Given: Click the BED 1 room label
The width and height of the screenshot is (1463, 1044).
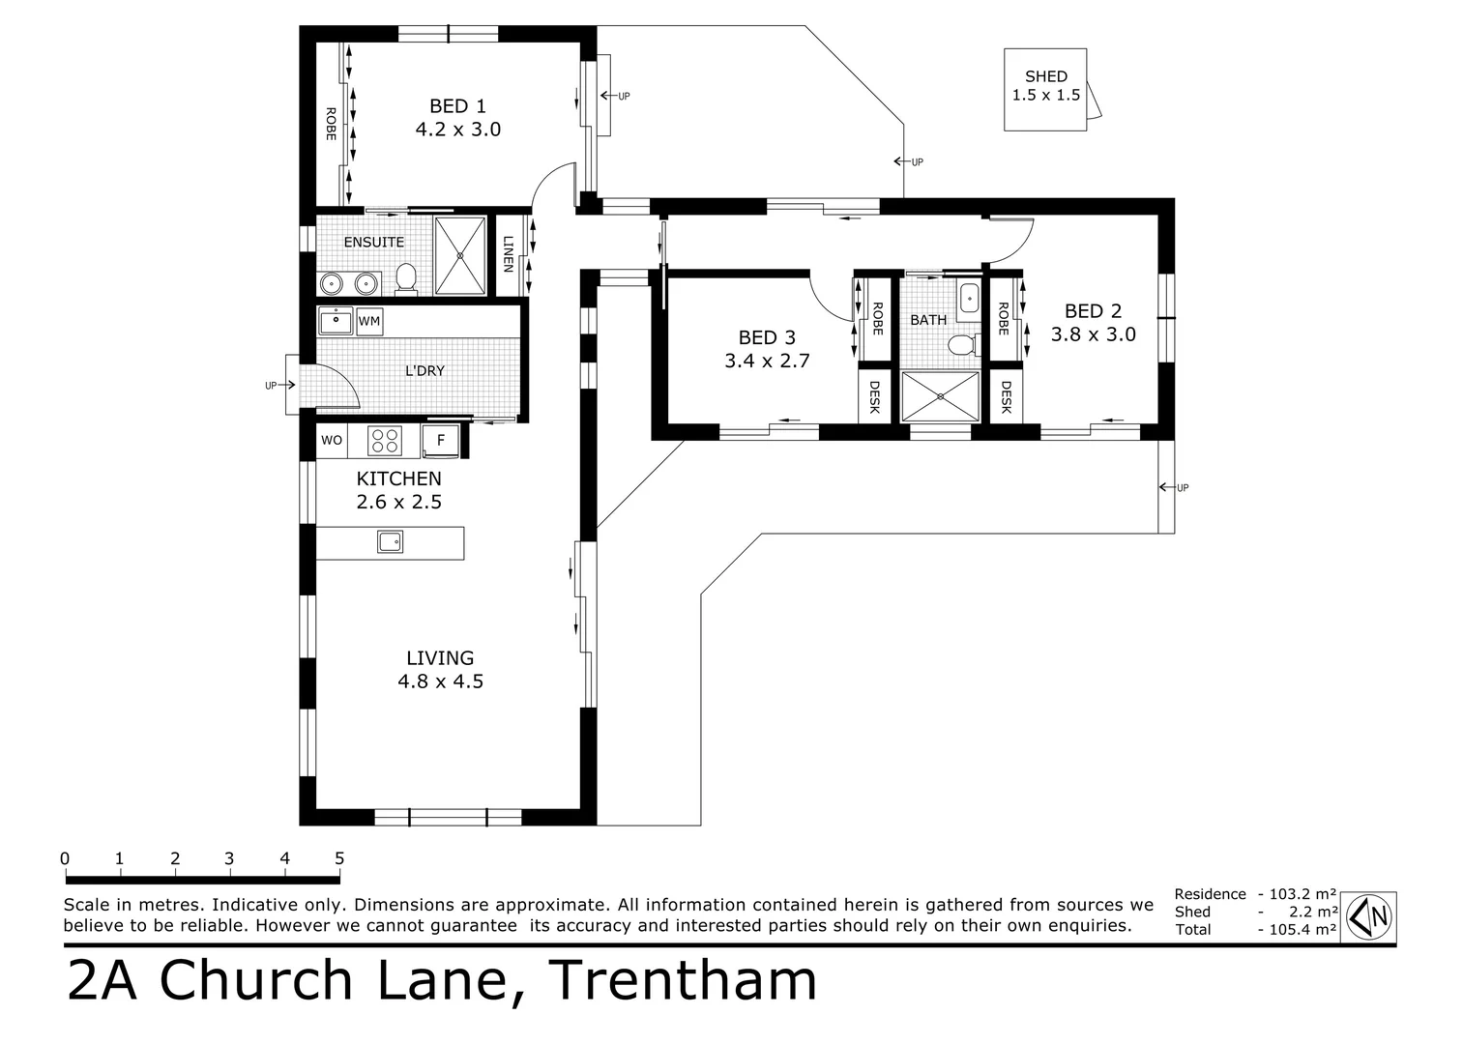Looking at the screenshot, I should point(457,106).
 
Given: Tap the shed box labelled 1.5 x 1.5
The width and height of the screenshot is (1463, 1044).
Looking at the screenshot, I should point(1045,88).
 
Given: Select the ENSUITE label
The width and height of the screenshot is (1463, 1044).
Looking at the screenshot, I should point(373,242).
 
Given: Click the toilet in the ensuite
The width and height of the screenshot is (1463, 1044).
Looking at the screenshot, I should point(406,278).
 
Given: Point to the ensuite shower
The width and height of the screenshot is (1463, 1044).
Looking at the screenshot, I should point(460,255).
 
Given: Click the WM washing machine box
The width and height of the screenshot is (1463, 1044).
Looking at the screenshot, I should point(369,321).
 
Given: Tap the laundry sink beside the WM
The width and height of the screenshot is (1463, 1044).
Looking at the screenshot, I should point(336,320).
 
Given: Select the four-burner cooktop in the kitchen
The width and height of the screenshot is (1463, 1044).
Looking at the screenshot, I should point(385,441).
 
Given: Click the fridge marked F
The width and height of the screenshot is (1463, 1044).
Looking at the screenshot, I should point(441,441).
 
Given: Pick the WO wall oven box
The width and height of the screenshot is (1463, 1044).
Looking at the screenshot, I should point(332,441).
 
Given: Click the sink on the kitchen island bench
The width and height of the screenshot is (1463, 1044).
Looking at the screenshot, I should point(390,542).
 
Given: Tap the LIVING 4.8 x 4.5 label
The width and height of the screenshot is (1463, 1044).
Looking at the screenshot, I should point(440,669).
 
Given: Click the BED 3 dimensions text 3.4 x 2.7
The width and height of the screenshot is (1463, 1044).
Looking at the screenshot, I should point(766,361).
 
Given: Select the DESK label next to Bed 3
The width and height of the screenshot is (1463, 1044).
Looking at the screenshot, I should point(875,396).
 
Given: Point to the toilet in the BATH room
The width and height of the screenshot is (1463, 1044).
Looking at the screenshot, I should point(961,344).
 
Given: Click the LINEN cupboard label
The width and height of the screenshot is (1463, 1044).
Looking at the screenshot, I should point(507,255).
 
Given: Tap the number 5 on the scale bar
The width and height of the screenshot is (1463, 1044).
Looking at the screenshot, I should point(339,858).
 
